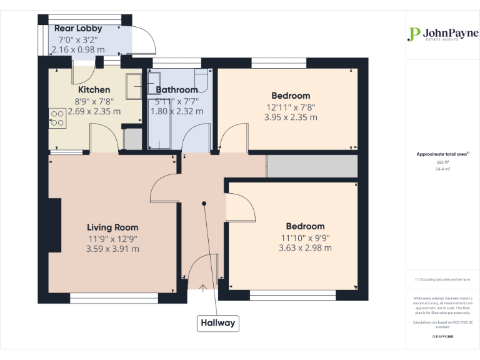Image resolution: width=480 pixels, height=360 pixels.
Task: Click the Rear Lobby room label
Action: pos(78,29)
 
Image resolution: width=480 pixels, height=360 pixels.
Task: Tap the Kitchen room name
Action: pos(94,90)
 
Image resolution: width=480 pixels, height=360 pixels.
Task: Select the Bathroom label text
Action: pos(177,90)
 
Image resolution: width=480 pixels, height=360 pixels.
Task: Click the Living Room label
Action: pos(112,227)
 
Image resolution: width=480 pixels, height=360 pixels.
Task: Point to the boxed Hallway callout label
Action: pos(217,323)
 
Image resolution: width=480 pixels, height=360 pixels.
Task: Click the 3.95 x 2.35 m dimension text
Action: pos(291,117)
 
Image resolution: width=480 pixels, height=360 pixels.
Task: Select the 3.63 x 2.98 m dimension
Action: pos(305,248)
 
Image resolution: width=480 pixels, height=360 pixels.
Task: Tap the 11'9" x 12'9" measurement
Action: pos(112,238)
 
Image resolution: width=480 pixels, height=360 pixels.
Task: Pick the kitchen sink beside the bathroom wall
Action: pos(134,86)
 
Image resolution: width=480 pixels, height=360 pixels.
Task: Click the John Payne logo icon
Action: pos(413,34)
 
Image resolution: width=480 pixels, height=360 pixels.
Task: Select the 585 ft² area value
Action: pos(442,162)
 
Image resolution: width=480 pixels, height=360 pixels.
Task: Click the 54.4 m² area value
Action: pos(442,169)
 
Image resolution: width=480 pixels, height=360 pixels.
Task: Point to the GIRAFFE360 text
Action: pos(442,337)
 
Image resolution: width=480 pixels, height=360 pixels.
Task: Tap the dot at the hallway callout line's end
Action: pos(204,203)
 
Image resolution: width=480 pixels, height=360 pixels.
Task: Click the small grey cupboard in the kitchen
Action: pos(133,139)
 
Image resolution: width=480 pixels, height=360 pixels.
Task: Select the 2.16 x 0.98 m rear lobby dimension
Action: pos(78,49)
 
